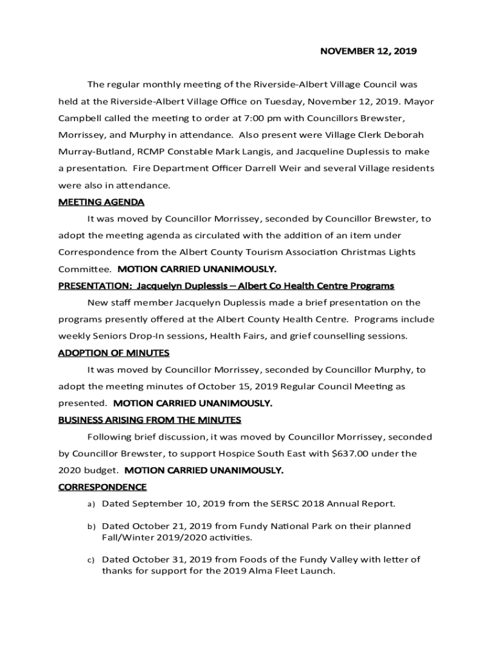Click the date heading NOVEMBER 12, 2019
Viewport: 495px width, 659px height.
pos(368,51)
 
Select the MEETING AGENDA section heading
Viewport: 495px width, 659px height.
pos(101,202)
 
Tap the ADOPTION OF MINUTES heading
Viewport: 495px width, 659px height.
pos(114,353)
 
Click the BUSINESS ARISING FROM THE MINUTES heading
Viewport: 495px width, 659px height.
pos(149,420)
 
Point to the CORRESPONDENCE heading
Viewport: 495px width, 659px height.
pos(102,487)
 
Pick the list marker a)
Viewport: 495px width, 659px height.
pos(91,504)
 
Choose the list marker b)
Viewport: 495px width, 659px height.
pos(91,526)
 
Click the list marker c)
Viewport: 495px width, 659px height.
pos(91,560)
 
